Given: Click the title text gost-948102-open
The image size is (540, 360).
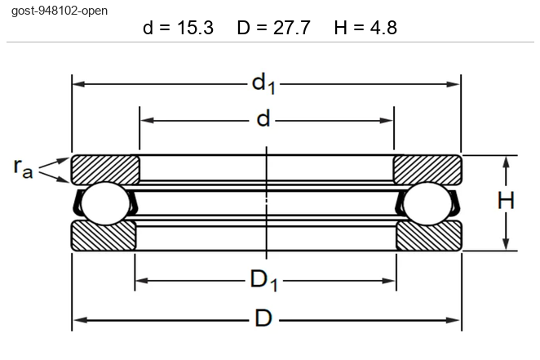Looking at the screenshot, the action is point(60,11).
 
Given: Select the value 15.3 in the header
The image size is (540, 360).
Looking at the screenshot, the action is point(195,28).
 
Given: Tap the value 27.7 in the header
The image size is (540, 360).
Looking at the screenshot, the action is point(292,28).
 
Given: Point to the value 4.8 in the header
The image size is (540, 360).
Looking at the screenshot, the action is point(383,28).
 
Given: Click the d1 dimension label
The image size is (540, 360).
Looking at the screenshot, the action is point(263,84).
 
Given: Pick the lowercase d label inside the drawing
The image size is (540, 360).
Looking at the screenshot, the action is point(263,119).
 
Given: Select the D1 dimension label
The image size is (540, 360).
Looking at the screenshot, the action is point(263,280).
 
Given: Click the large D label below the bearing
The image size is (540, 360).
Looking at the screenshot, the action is point(263,318).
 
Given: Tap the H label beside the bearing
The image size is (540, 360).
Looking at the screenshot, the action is point(506,201).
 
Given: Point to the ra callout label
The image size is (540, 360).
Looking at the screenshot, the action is point(23,168).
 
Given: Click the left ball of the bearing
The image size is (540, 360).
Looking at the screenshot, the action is point(105,203).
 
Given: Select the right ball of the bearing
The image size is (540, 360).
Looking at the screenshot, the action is point(427,203).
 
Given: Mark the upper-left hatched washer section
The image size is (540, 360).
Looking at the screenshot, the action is point(105,169).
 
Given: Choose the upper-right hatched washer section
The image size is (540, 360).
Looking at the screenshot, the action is point(427,170).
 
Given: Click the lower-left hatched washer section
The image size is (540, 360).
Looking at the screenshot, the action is point(104,236).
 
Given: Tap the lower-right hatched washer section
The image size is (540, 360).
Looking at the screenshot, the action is point(429,236).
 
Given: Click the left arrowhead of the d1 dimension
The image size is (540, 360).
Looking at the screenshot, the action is point(79,84).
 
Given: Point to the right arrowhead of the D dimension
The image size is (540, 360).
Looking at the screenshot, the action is point(453,320).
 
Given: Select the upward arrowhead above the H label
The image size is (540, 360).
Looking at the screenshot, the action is point(506,163).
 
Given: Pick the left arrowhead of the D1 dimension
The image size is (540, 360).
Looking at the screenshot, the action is point(142,281).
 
